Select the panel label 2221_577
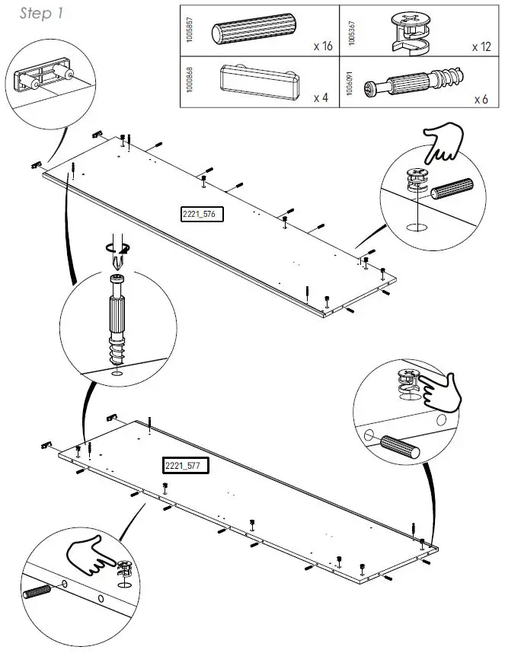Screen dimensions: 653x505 (185, 465)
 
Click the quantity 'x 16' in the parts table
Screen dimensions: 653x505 (322, 46)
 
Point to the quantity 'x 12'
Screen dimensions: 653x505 (481, 46)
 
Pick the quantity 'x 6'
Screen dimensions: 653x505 (481, 99)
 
